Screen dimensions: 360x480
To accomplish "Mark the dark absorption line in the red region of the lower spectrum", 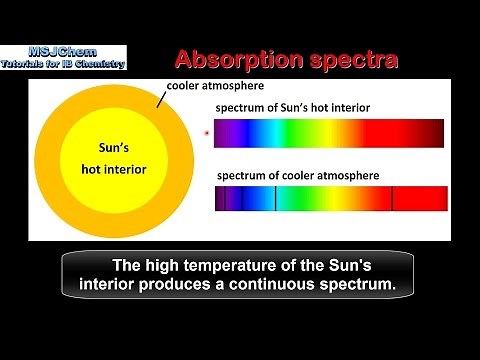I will click(x=392, y=198).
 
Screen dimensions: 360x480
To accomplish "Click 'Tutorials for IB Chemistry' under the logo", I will click(x=66, y=64).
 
